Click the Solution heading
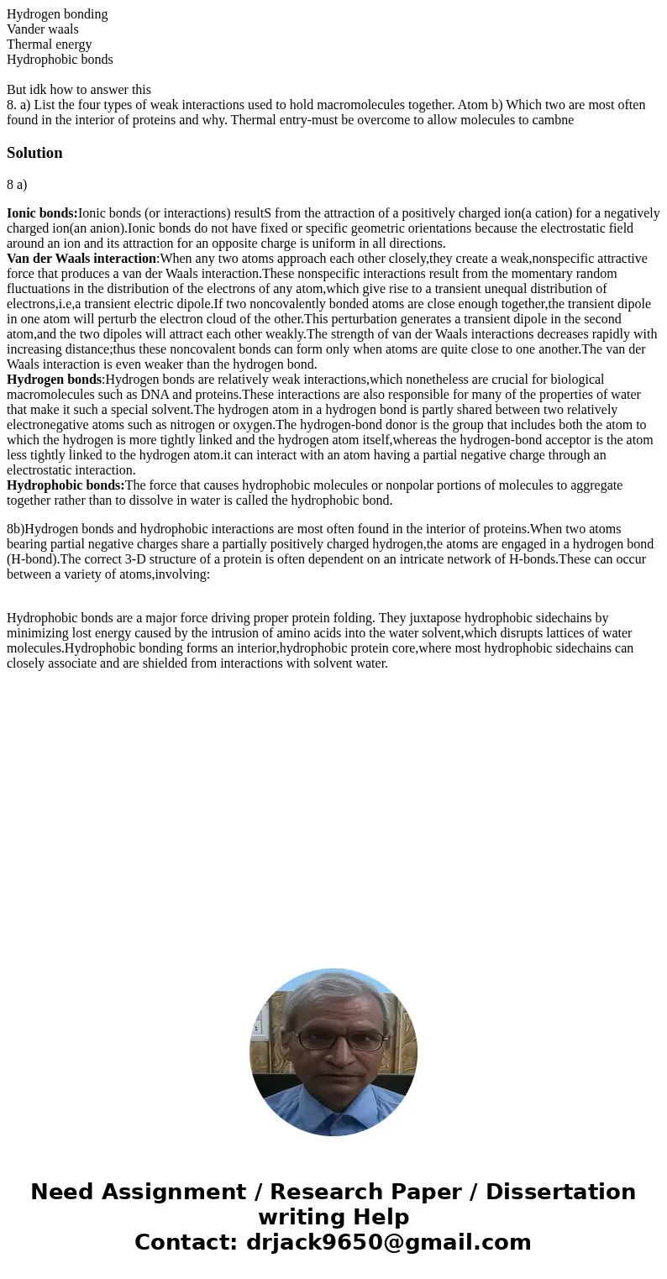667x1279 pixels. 34,153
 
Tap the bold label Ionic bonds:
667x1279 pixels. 42,213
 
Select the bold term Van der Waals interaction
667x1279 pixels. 81,259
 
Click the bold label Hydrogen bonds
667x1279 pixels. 54,380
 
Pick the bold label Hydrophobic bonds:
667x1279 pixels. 66,485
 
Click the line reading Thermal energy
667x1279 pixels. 49,45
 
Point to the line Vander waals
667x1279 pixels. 42,29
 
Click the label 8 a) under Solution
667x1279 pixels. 17,184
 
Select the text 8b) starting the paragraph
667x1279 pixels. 15,529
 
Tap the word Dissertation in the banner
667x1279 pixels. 560,1192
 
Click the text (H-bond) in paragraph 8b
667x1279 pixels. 36,559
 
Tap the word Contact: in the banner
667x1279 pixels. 186,1242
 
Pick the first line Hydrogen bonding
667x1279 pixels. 57,14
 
